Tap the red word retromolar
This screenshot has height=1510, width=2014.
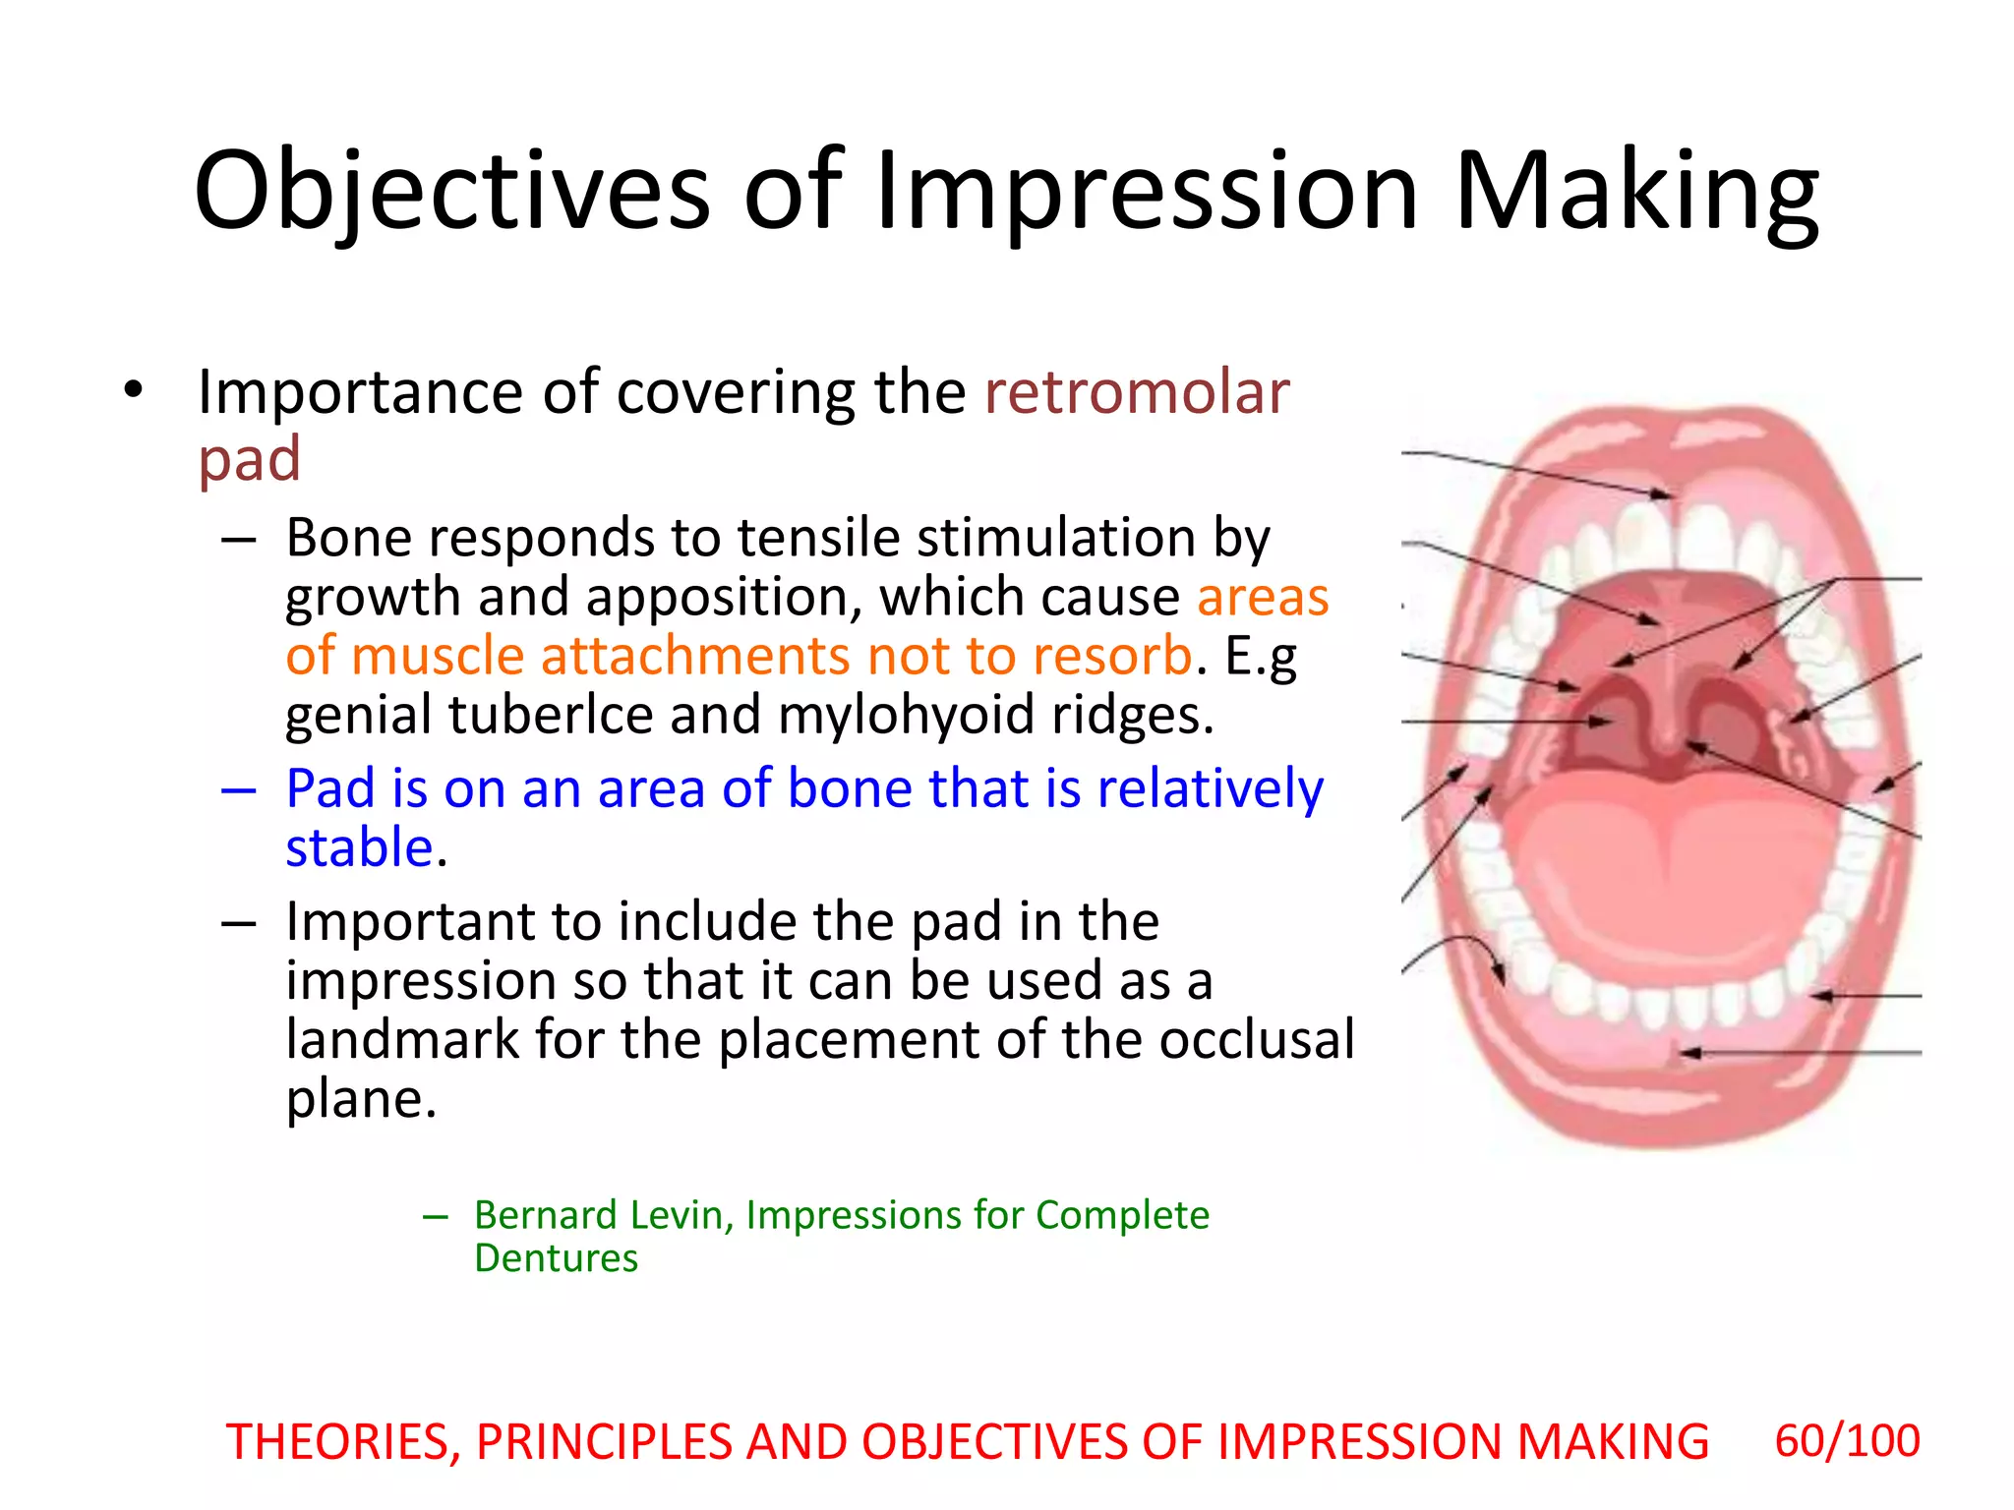(1137, 392)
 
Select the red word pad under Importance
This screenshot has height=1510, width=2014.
(250, 459)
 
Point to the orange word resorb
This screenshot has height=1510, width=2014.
(1112, 656)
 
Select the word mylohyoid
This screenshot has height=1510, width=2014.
(905, 715)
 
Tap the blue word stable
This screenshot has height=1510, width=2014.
(360, 847)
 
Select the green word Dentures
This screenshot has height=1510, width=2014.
(556, 1258)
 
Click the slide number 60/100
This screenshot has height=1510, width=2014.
(1846, 1441)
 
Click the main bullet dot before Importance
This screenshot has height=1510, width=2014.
(134, 391)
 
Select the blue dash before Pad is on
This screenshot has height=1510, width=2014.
(239, 789)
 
